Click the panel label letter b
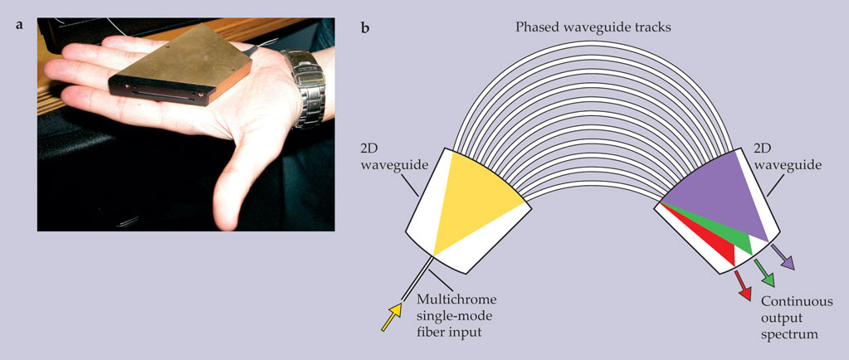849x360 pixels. coord(366,27)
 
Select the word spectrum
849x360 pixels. coord(793,334)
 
